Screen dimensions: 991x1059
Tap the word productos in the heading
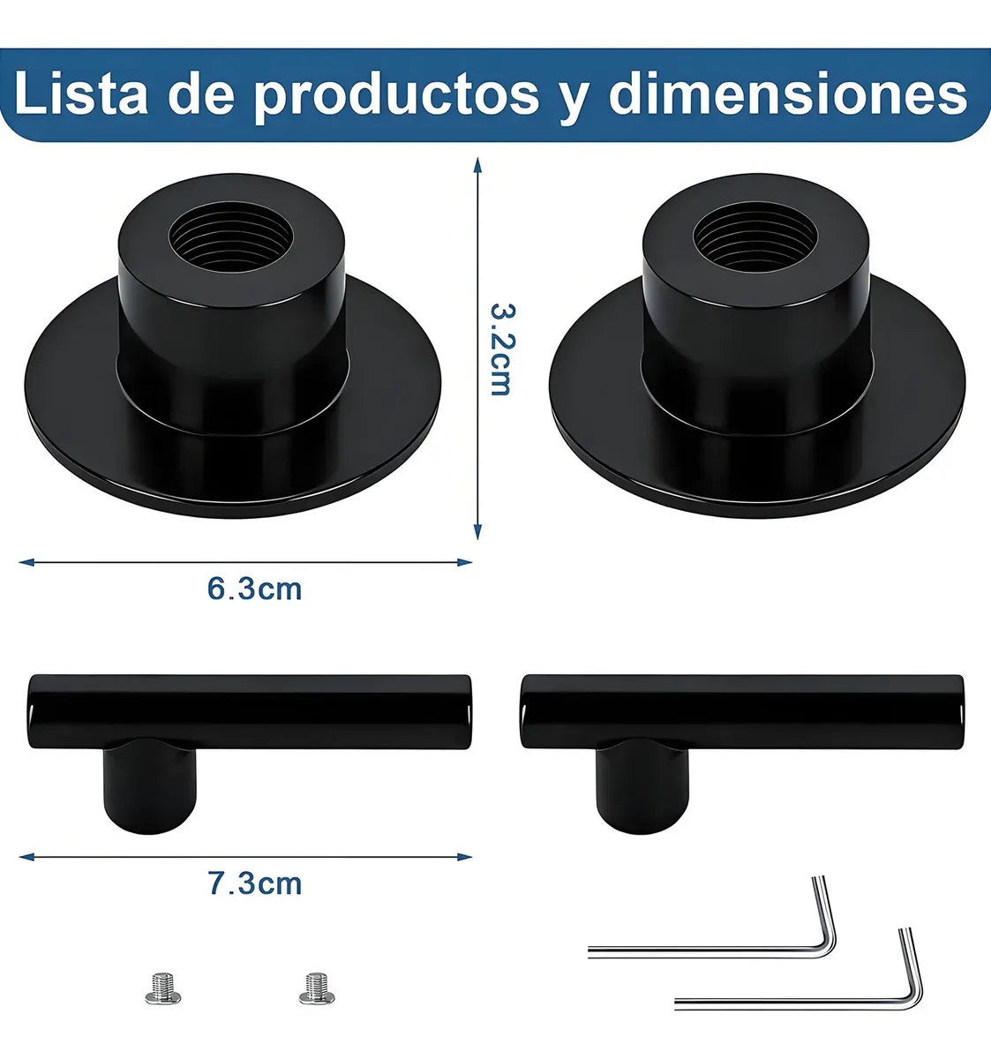(x=396, y=96)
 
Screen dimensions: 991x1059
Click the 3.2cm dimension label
(x=502, y=349)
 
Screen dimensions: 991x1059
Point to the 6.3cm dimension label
(x=254, y=590)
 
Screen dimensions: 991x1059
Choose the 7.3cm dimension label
(x=254, y=883)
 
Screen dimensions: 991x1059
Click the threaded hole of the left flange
(x=231, y=236)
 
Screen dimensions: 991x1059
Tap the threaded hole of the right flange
(x=755, y=236)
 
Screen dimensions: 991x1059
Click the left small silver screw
(x=163, y=988)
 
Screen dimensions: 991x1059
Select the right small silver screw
(x=317, y=988)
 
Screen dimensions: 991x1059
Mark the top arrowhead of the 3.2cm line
(x=478, y=164)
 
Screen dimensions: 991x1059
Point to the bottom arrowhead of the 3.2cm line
(x=478, y=531)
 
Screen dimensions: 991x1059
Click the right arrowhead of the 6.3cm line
(x=464, y=562)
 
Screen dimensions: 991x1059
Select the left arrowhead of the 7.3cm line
(x=27, y=858)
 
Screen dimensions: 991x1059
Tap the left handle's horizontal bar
(x=250, y=712)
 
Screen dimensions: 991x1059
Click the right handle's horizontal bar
(x=742, y=712)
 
